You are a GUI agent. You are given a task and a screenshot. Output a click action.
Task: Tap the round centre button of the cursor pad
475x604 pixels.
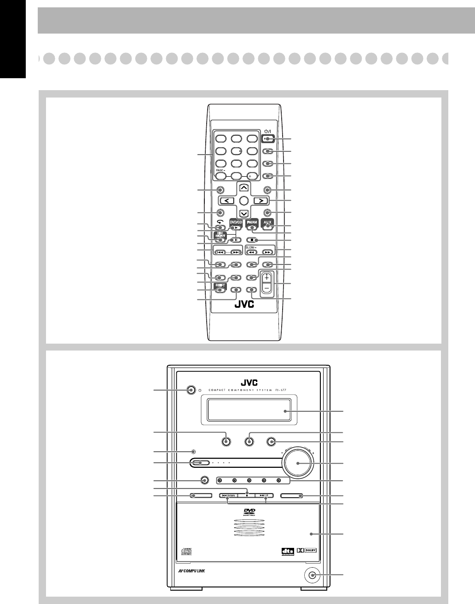[x=243, y=201]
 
